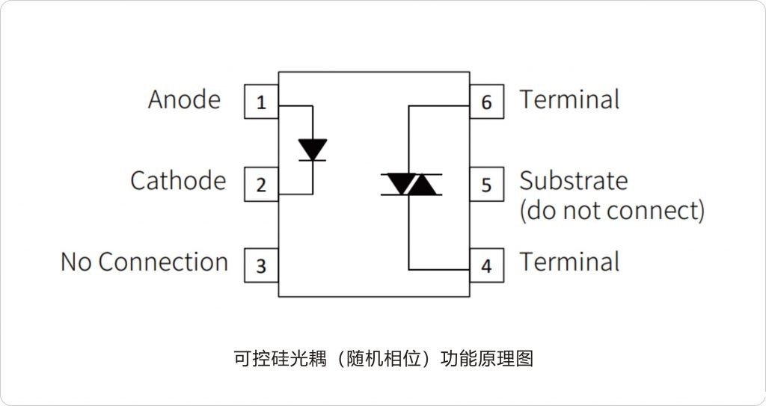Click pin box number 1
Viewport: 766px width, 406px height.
coord(261,102)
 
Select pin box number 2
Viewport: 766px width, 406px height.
coord(261,184)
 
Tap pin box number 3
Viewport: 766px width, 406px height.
coord(261,265)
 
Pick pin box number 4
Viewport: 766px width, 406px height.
coord(486,265)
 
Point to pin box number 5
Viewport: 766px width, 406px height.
coord(486,184)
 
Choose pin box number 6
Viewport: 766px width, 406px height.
coord(486,102)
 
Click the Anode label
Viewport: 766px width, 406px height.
coord(184,99)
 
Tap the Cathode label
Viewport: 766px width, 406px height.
coord(178,181)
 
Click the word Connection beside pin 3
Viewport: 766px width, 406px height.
coord(163,262)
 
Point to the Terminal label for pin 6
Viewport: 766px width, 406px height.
coord(569,99)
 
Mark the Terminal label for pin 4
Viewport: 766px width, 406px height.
coord(569,262)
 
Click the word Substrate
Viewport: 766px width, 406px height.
coord(574,181)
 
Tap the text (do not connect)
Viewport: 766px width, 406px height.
coord(612,211)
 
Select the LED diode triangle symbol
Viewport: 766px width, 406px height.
coord(312,150)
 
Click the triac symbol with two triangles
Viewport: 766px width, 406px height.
coord(410,184)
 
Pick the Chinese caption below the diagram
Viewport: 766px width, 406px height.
coord(383,358)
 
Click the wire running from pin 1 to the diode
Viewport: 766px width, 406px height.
coord(296,105)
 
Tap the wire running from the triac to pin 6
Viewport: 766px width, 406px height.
coord(438,106)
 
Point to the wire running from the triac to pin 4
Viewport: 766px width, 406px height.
coord(438,269)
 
